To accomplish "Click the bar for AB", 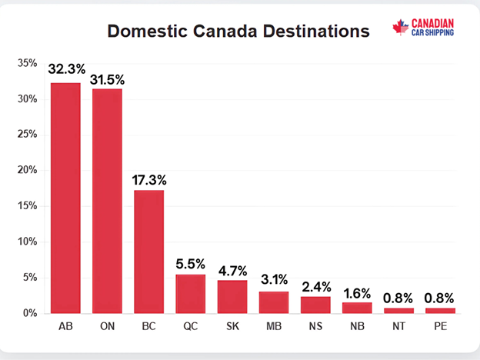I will [x=66, y=198].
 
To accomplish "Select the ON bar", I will [x=108, y=201].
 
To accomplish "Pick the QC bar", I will [x=191, y=293].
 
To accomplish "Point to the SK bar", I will [x=232, y=296].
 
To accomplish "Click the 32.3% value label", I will [x=66, y=69].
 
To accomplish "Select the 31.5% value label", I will [x=108, y=79].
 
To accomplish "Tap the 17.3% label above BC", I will [x=149, y=180].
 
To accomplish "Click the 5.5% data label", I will [x=191, y=265].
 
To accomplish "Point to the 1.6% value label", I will [x=357, y=293].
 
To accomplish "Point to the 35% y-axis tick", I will [x=27, y=63].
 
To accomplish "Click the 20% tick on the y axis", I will [x=27, y=170].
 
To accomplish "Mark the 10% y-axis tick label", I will [x=27, y=242].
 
